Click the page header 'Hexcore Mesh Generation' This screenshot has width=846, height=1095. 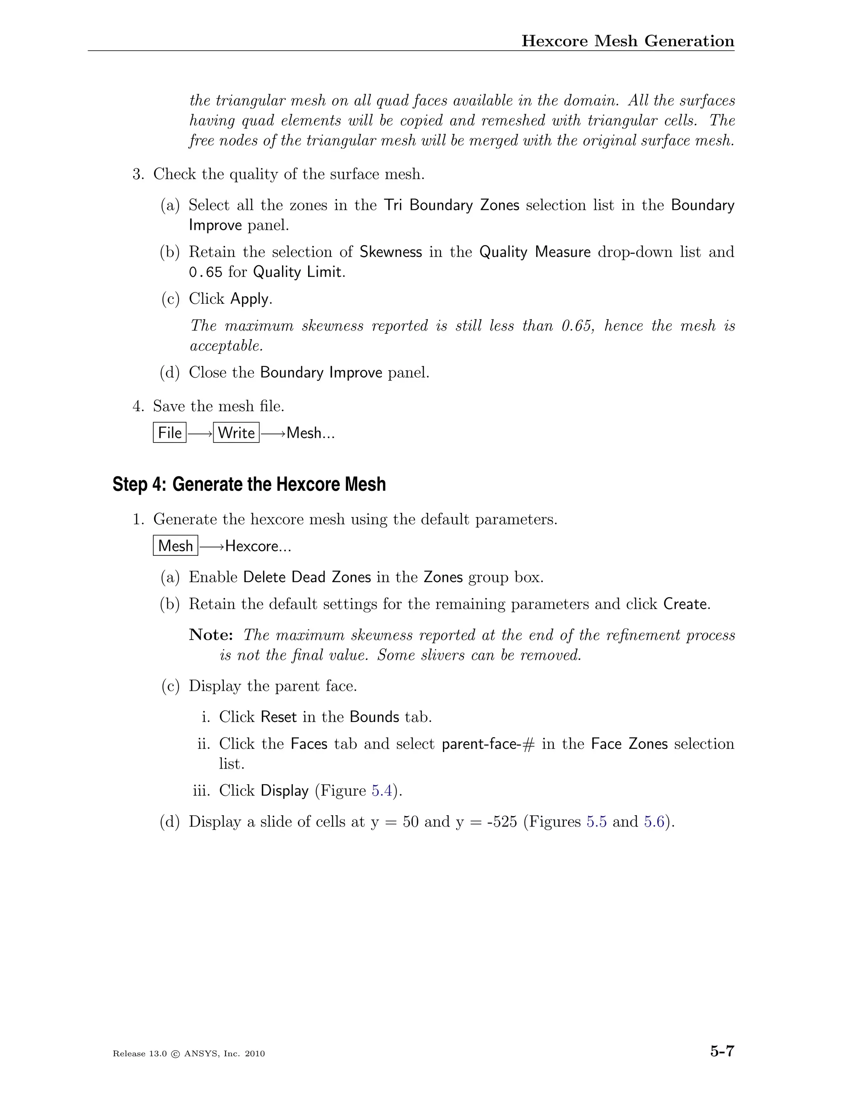pos(627,40)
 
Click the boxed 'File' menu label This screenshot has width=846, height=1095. pos(169,433)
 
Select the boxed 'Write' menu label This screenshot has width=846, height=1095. pos(236,433)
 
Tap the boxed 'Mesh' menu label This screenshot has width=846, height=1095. pos(176,545)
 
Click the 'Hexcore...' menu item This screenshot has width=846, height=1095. pos(258,546)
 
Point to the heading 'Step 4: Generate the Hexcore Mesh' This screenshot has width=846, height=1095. pos(249,484)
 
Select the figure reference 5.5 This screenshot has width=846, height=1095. pos(596,822)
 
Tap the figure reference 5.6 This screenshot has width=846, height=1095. pos(654,822)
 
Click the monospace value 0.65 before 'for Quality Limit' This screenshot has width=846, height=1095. pos(205,272)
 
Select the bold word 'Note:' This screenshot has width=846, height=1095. pos(211,635)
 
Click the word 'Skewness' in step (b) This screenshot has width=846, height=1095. pos(391,252)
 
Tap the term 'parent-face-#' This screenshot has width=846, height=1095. pos(488,744)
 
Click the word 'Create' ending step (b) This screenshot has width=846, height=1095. pos(686,604)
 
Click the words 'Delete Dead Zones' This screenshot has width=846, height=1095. pos(307,578)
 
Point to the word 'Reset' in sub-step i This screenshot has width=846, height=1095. pos(279,717)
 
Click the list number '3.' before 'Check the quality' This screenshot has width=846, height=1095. pos(139,174)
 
